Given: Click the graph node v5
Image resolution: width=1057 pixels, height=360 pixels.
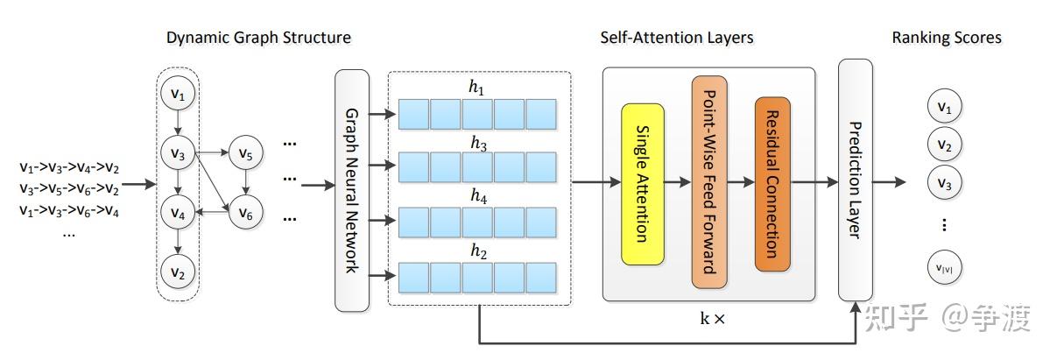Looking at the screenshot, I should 245,154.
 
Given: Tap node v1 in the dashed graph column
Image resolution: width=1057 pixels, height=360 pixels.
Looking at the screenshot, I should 178,94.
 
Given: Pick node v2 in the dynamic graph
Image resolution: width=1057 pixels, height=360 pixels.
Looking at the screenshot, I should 178,272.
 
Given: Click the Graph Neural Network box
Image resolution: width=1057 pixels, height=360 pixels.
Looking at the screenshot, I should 351,190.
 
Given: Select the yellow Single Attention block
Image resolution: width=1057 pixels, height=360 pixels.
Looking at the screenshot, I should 643,184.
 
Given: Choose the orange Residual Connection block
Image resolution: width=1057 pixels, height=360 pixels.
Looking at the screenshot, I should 772,184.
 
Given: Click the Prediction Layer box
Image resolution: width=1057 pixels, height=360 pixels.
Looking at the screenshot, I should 855,180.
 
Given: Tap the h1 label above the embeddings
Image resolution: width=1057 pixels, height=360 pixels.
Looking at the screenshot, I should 476,89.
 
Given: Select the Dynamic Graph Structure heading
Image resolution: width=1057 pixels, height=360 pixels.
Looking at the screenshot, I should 258,38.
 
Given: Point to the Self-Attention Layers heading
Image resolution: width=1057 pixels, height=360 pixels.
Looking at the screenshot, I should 677,38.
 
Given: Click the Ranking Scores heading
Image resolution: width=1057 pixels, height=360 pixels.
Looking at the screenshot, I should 947,38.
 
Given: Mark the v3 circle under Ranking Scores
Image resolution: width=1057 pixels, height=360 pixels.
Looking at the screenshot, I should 943,184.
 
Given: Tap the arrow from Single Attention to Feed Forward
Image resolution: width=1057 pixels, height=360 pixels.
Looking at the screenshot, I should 677,183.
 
